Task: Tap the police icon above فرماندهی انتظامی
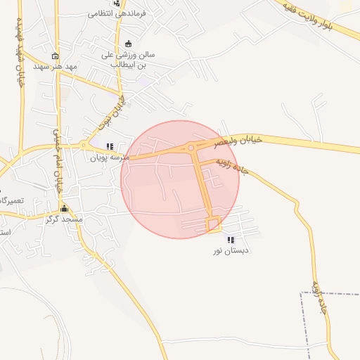pyautogui.click(x=116, y=3)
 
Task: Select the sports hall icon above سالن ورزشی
pyautogui.click(x=128, y=44)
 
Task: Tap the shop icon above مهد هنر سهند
pyautogui.click(x=56, y=56)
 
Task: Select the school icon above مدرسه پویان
pyautogui.click(x=109, y=147)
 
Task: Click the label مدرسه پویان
pyautogui.click(x=106, y=157)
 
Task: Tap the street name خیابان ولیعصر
pyautogui.click(x=240, y=141)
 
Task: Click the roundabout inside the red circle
pyautogui.click(x=191, y=148)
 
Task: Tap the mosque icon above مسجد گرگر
pyautogui.click(x=65, y=209)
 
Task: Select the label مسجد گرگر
pyautogui.click(x=64, y=219)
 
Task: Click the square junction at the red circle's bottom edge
pyautogui.click(x=213, y=225)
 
